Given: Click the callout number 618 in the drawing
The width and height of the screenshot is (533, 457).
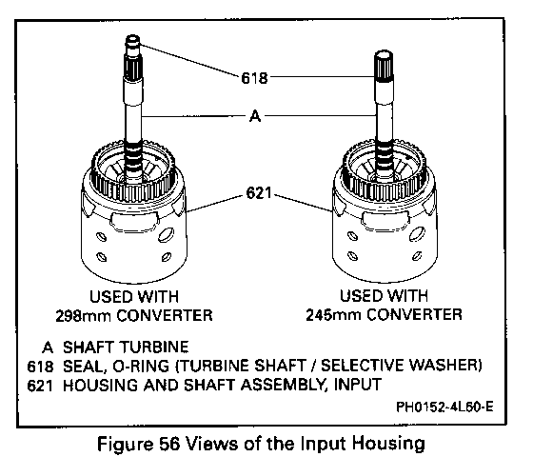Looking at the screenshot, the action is pos(254,78).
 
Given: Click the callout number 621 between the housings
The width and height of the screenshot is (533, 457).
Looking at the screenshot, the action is pos(259,193).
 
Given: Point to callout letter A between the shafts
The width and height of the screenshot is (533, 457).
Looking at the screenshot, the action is pos(255,116).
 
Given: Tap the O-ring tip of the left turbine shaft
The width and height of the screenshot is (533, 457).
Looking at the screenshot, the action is pos(133,43).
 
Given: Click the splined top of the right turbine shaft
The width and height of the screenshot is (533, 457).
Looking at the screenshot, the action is pos(384,67).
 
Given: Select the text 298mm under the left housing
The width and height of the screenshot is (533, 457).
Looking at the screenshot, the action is pos(84,315).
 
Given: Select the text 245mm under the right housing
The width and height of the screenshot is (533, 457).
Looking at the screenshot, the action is pos(333,315).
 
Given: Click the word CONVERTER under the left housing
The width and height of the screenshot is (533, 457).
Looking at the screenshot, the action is pos(165,315).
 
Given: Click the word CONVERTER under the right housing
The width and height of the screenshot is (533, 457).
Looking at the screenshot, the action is pos(414,314).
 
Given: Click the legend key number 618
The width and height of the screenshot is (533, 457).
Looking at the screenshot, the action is pos(40,367).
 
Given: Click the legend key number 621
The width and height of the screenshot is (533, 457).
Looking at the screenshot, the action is pos(40,386).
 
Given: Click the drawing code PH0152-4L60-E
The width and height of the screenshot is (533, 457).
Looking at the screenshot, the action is pos(444,407).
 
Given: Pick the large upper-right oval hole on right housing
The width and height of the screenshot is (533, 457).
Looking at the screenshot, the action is pos(417,234).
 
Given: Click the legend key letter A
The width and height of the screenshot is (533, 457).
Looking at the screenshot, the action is pos(48,348).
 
